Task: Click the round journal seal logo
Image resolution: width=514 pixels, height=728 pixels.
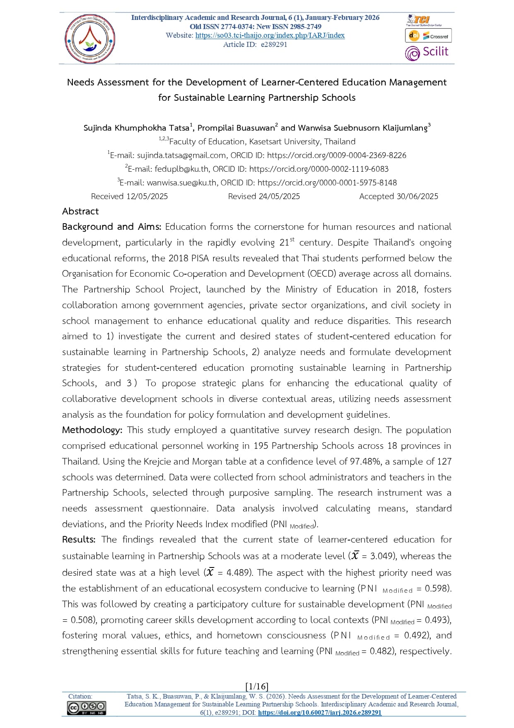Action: (x=90, y=39)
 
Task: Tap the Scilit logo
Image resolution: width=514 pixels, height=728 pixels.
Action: (x=427, y=52)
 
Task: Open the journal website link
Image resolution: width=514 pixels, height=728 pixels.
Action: (x=270, y=35)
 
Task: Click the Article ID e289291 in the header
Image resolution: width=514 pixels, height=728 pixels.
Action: (x=274, y=44)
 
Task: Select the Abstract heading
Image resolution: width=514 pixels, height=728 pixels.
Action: (x=80, y=211)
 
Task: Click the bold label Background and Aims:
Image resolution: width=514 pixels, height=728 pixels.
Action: (x=111, y=226)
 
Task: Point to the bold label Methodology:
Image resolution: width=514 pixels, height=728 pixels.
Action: (x=92, y=430)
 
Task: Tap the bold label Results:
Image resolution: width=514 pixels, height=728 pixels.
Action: (x=79, y=539)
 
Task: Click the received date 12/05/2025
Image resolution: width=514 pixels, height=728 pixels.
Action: (x=147, y=196)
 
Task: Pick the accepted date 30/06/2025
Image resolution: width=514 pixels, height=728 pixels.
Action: (x=417, y=196)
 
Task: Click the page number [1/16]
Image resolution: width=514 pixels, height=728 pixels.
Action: (x=257, y=686)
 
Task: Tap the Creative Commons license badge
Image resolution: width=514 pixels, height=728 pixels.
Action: (x=87, y=708)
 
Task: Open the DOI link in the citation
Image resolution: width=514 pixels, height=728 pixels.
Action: (x=319, y=712)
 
